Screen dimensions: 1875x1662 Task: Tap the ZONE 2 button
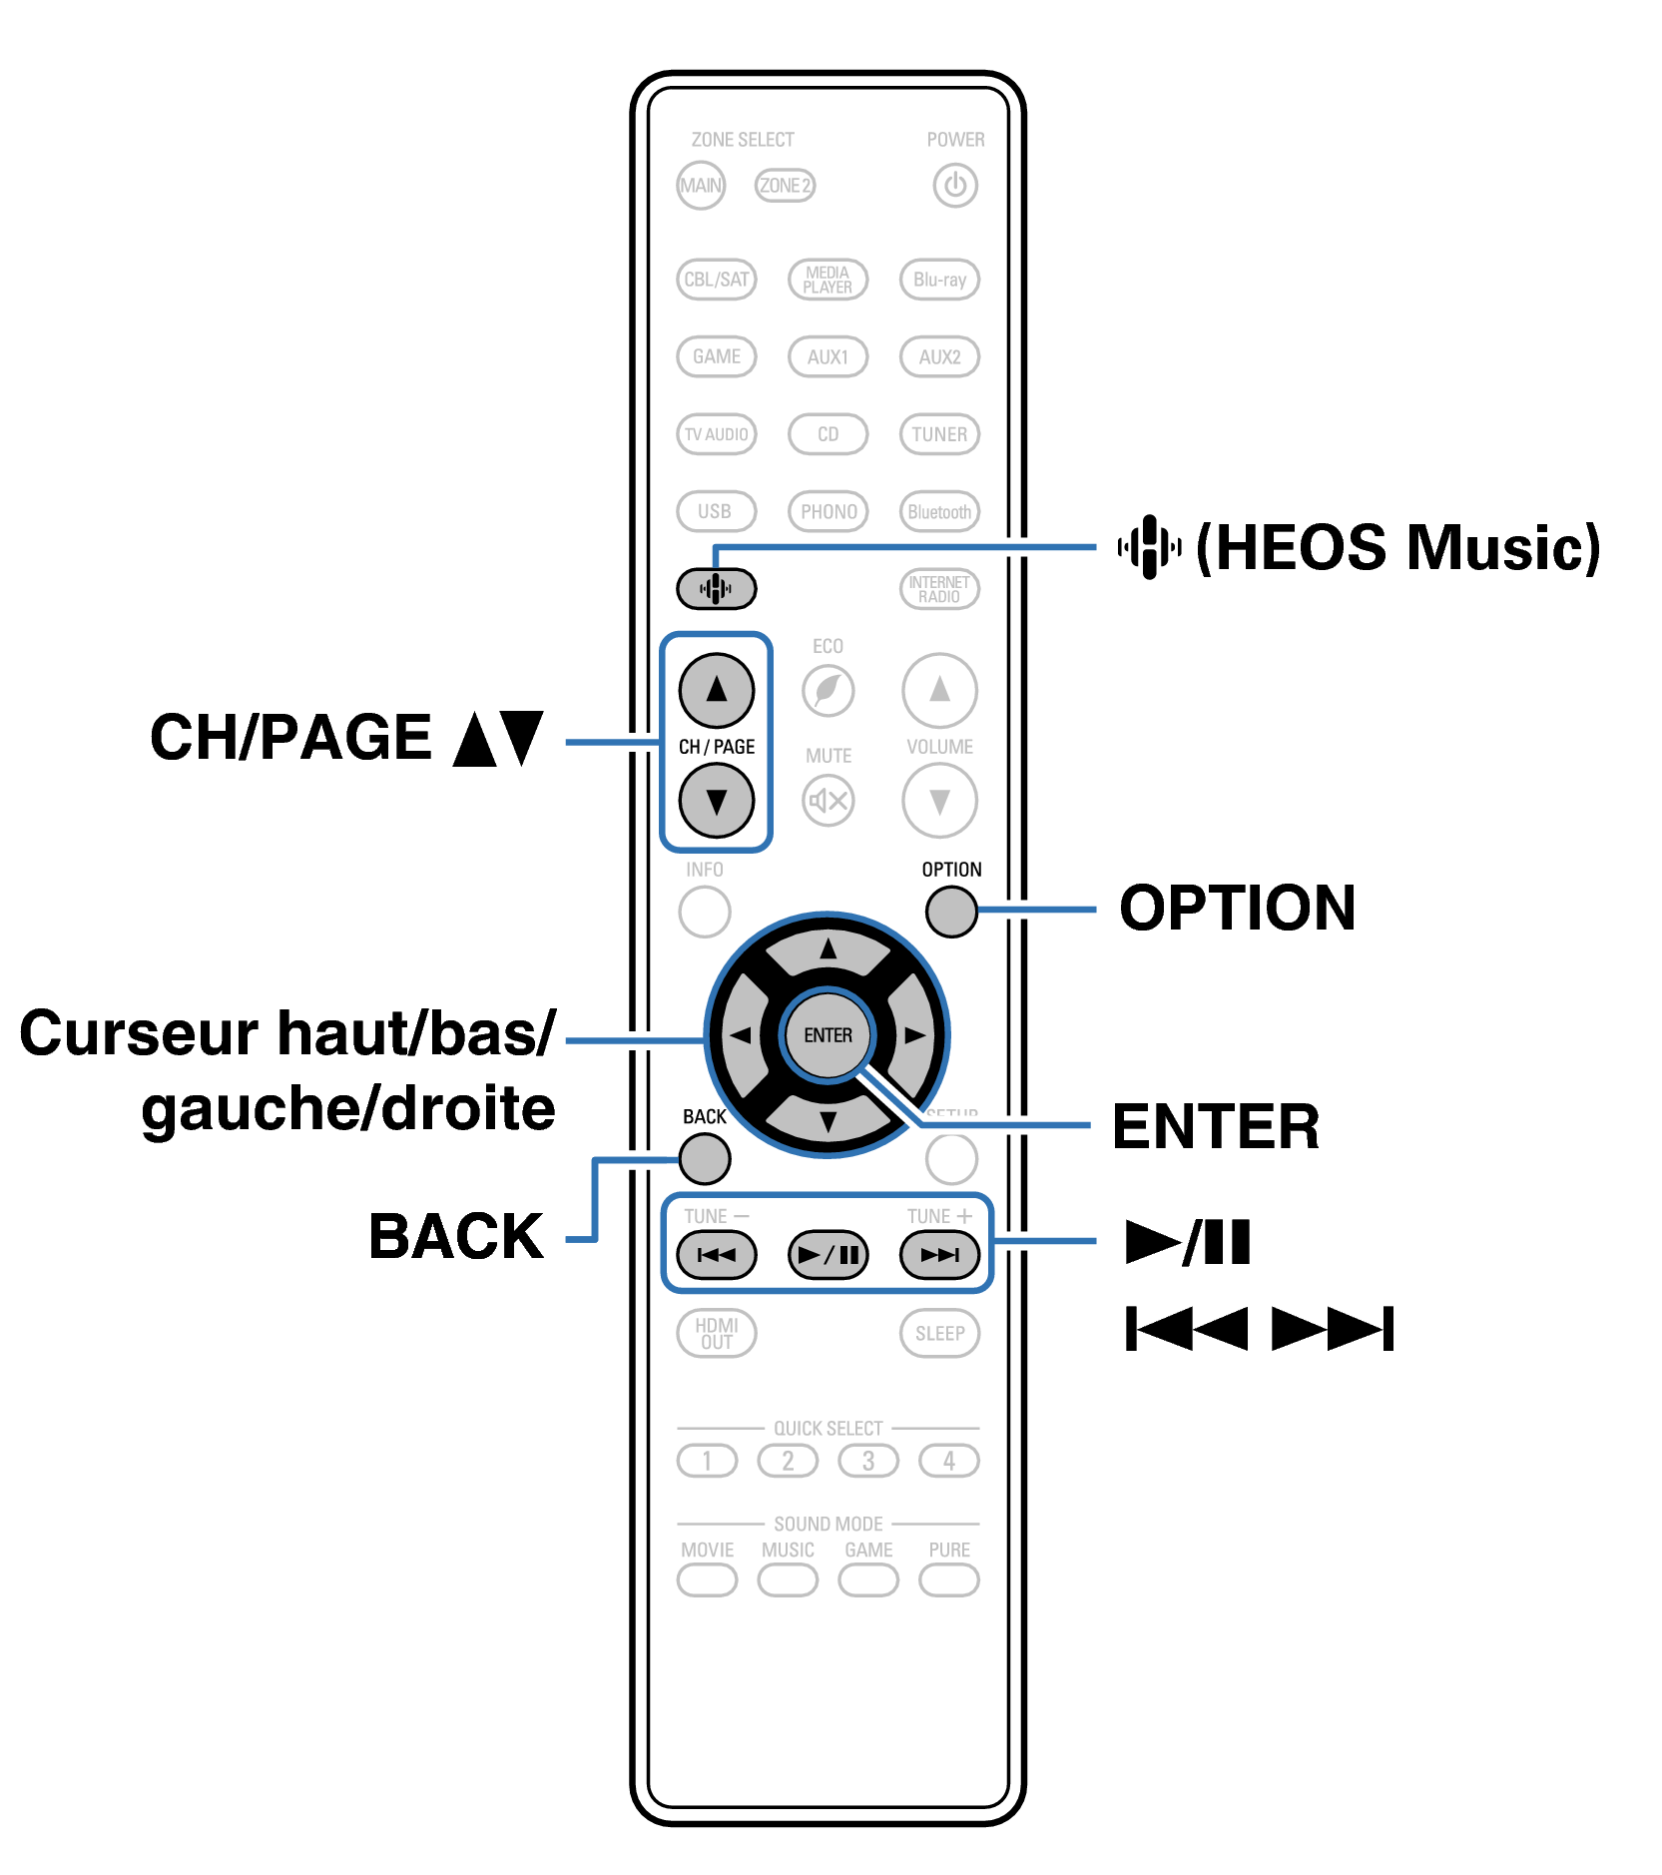click(x=785, y=186)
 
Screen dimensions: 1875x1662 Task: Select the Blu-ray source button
click(x=939, y=280)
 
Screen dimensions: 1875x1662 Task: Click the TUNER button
click(x=939, y=434)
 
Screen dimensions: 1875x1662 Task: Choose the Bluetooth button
click(x=939, y=512)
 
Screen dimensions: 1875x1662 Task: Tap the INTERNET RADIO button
click(x=939, y=589)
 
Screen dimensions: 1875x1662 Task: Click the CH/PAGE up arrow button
click(x=716, y=690)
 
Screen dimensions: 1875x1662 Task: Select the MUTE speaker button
click(x=828, y=800)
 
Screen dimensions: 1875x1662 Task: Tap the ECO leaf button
click(x=828, y=690)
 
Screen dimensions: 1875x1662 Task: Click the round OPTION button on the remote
click(x=950, y=912)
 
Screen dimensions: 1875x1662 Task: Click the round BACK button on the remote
click(x=705, y=1159)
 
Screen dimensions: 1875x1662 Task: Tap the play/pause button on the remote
click(x=828, y=1255)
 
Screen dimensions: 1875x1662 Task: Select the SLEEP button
click(x=939, y=1334)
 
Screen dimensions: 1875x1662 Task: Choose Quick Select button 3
click(x=867, y=1462)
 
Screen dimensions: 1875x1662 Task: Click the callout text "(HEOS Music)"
click(x=1397, y=547)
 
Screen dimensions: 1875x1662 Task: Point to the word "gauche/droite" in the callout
click(x=348, y=1109)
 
